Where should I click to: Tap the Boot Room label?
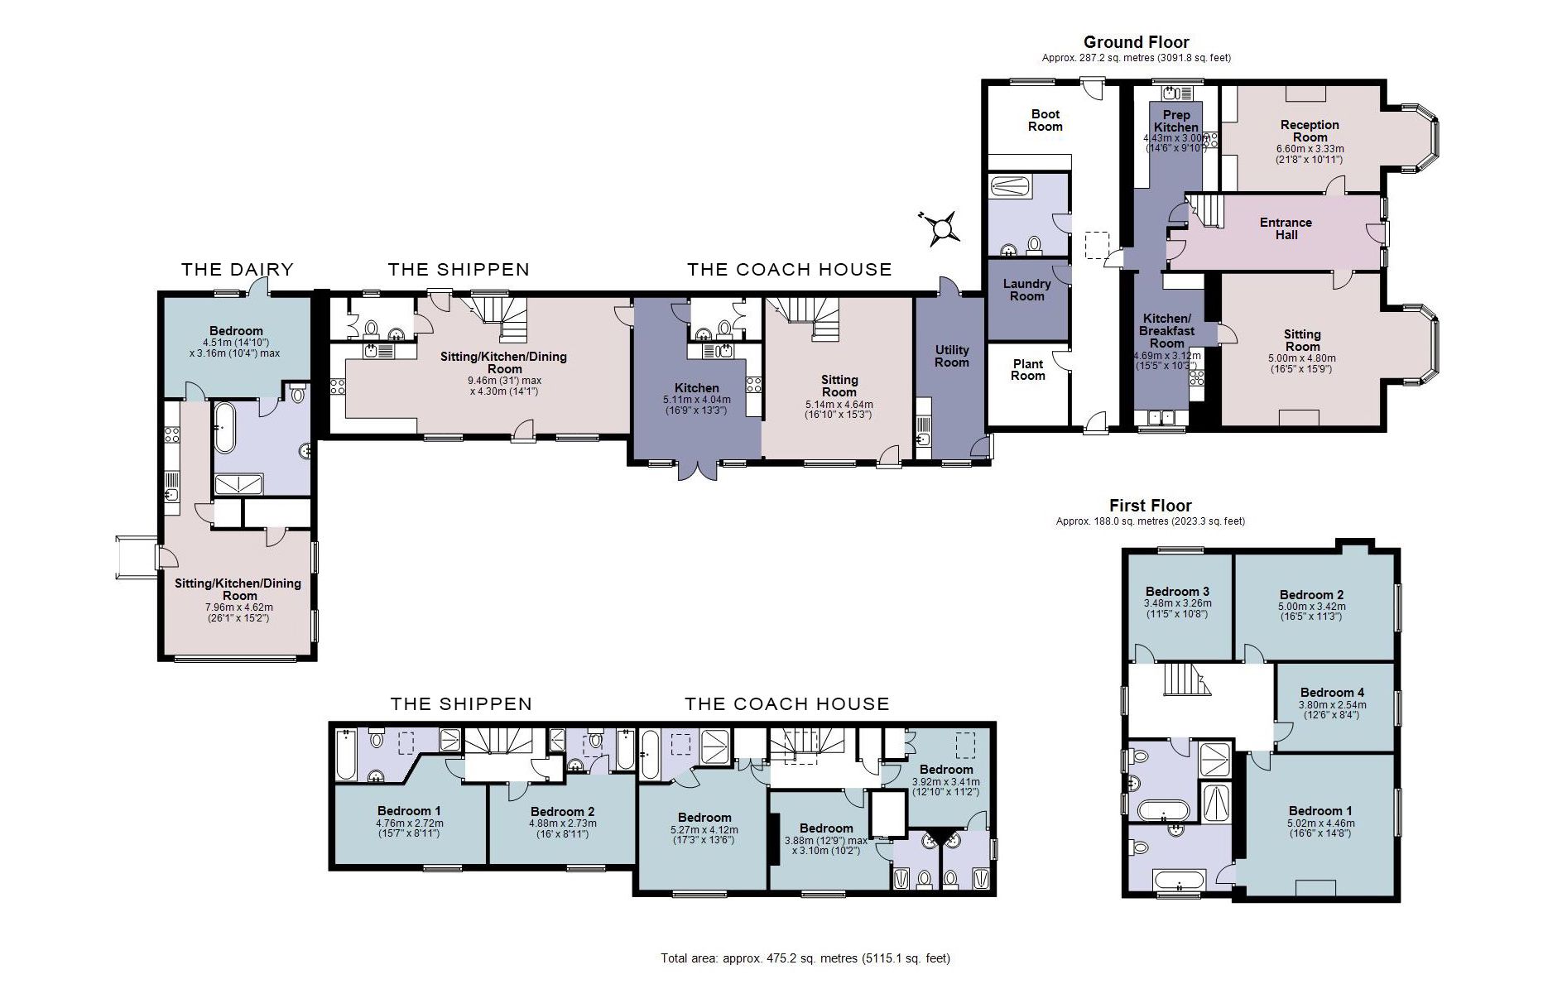tap(1045, 120)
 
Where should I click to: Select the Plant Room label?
tap(1028, 369)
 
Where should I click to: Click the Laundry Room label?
tap(1026, 290)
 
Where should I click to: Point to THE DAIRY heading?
tap(238, 269)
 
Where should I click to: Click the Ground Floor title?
tap(1136, 42)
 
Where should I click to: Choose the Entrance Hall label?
tap(1286, 228)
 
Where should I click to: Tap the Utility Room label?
tap(952, 356)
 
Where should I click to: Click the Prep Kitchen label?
tap(1176, 121)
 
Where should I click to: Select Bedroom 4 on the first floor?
tap(1332, 693)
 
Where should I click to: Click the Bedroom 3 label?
tap(1177, 591)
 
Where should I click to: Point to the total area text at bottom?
tap(805, 958)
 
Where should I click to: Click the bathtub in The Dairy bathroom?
tap(223, 428)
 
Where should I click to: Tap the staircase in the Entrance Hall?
tap(1207, 210)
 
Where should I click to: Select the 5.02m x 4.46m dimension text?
tap(1320, 823)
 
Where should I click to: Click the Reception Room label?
tap(1310, 131)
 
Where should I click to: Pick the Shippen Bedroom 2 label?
tap(562, 811)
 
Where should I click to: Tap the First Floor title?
tap(1150, 506)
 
